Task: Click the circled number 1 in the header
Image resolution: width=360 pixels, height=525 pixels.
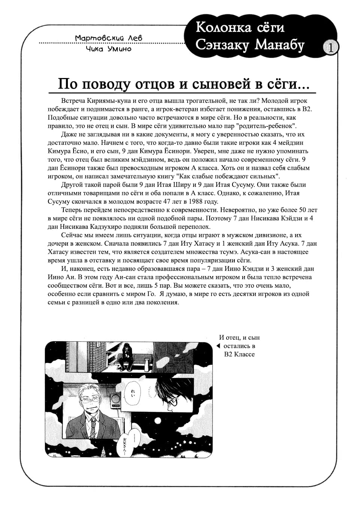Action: coord(330,48)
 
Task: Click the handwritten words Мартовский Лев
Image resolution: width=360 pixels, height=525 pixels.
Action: coord(108,38)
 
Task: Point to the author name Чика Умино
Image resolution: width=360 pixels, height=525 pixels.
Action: coord(108,49)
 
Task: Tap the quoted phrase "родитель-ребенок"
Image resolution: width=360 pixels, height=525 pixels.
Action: coord(265,126)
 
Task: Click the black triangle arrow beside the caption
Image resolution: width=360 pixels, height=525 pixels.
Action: coord(218,346)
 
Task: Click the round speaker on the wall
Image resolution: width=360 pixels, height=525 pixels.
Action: coord(115,400)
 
